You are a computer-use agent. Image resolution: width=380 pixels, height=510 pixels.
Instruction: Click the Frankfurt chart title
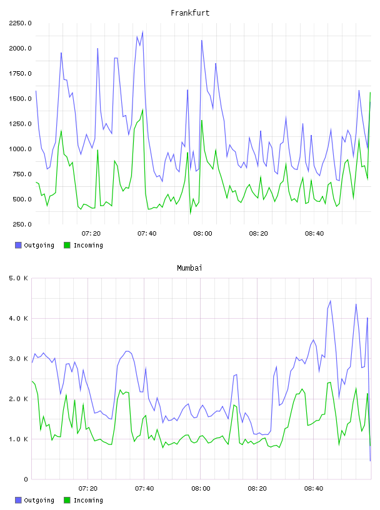click(x=190, y=13)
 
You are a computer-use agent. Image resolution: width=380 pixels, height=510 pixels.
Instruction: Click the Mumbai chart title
click(x=189, y=268)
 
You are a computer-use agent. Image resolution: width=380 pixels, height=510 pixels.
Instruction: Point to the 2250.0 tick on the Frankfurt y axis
click(x=20, y=23)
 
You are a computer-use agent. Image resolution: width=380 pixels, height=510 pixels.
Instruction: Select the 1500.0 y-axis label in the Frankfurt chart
click(x=20, y=99)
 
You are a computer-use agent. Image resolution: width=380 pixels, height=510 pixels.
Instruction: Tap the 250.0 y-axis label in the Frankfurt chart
click(x=22, y=224)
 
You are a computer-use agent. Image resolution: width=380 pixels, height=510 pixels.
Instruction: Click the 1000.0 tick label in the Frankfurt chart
click(x=20, y=149)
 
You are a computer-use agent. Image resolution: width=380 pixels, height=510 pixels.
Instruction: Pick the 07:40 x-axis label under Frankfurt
click(x=147, y=234)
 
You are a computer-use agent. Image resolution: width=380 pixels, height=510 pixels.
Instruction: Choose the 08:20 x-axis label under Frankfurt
click(x=258, y=234)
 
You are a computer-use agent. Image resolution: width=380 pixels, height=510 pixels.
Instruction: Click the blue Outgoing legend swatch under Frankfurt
click(x=18, y=245)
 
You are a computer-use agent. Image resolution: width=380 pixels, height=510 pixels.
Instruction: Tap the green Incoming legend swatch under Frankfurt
click(x=67, y=245)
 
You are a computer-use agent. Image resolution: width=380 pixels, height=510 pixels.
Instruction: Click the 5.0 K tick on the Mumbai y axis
click(x=19, y=278)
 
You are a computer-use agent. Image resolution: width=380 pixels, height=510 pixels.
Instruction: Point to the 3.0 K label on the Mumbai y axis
click(x=19, y=359)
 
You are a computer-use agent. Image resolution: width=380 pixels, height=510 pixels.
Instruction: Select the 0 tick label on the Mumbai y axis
click(x=26, y=479)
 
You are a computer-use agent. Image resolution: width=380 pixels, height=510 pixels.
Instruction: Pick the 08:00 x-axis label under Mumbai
click(x=201, y=489)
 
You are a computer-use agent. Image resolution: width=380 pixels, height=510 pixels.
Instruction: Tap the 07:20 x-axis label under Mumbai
click(x=88, y=489)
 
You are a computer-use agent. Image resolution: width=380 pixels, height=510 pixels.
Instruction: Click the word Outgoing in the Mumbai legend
click(x=39, y=500)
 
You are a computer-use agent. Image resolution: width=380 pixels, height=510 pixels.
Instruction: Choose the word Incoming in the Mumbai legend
click(x=88, y=500)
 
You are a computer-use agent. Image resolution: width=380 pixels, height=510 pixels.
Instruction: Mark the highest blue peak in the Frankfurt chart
click(x=142, y=32)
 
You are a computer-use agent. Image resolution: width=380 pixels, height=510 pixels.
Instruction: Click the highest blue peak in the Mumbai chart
click(x=330, y=301)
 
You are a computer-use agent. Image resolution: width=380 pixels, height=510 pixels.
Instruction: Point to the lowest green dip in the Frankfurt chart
click(x=191, y=214)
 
